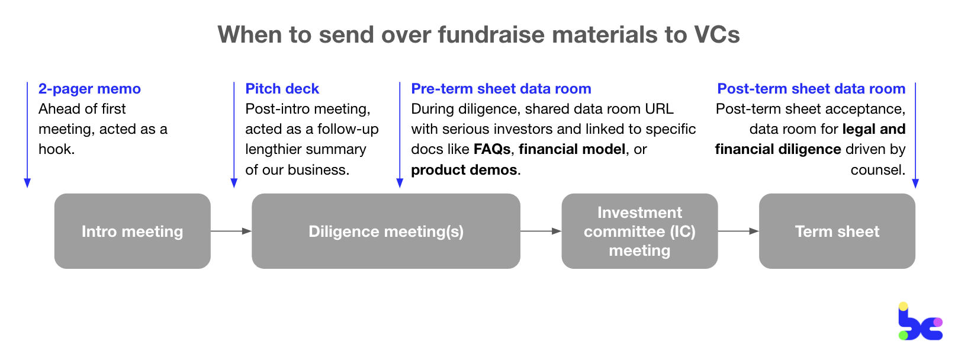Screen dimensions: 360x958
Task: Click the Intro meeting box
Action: click(132, 231)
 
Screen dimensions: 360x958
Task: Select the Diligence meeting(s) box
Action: click(385, 231)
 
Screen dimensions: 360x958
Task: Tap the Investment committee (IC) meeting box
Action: click(639, 231)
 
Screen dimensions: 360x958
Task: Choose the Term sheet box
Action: click(837, 231)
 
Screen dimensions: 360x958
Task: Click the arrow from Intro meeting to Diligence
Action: click(231, 231)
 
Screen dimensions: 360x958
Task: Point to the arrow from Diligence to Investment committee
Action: click(541, 231)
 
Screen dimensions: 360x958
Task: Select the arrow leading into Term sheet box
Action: click(738, 231)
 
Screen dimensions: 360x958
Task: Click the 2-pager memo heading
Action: click(89, 89)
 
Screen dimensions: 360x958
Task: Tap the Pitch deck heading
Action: click(282, 89)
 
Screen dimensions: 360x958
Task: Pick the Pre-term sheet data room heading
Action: click(501, 89)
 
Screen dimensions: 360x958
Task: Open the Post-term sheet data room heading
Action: click(811, 89)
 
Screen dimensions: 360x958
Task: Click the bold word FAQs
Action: click(492, 149)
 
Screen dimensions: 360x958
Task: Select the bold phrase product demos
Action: click(464, 170)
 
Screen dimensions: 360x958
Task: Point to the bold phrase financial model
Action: click(572, 149)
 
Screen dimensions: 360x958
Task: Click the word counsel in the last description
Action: click(877, 170)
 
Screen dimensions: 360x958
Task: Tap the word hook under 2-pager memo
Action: click(55, 149)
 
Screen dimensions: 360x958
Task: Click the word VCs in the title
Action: click(716, 34)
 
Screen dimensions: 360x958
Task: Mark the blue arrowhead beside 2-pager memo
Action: click(27, 183)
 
